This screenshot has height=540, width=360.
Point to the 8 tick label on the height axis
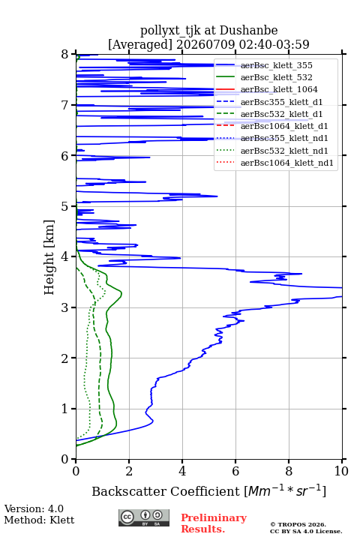click(65, 55)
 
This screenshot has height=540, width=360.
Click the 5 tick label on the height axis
click(65, 206)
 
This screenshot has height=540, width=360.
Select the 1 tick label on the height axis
click(65, 409)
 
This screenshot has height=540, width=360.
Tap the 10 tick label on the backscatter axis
click(341, 471)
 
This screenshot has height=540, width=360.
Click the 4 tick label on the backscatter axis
click(182, 471)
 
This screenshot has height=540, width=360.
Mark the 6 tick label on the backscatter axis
click(235, 471)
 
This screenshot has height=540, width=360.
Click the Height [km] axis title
click(49, 257)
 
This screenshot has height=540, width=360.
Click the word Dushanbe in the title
click(248, 31)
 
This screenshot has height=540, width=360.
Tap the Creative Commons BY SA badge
click(144, 518)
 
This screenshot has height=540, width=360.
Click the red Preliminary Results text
click(214, 523)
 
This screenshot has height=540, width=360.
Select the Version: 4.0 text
click(34, 508)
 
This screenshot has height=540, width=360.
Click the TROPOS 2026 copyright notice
click(298, 524)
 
